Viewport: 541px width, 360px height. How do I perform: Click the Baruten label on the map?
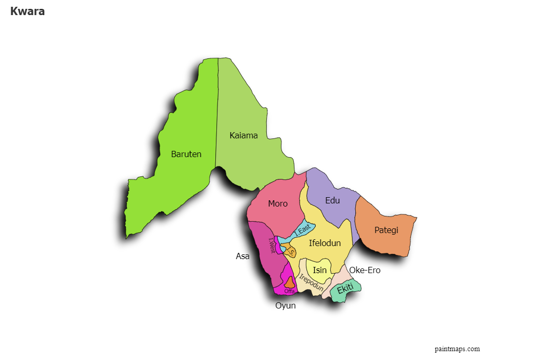(x=186, y=154)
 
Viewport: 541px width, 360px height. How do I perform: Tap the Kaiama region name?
(x=243, y=135)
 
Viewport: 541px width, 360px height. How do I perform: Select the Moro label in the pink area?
(x=278, y=203)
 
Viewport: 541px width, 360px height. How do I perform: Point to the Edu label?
(x=332, y=200)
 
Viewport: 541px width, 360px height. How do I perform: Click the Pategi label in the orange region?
(x=386, y=230)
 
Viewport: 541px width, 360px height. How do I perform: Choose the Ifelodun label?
(x=325, y=243)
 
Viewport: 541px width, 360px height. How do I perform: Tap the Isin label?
(x=320, y=270)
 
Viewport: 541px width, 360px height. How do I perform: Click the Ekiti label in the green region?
(x=345, y=288)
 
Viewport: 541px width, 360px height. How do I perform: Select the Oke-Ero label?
(x=365, y=270)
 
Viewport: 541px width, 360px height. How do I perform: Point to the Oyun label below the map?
(x=286, y=305)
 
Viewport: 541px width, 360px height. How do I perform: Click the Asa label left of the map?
(x=242, y=256)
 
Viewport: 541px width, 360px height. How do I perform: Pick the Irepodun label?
(x=311, y=282)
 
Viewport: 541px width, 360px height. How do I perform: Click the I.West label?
(x=272, y=246)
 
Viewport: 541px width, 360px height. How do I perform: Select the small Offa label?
(x=289, y=291)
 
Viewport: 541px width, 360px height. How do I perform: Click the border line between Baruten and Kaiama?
(x=217, y=114)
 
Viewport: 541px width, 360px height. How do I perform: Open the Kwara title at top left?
(x=28, y=11)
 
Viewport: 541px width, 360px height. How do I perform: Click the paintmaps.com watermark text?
(x=457, y=349)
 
